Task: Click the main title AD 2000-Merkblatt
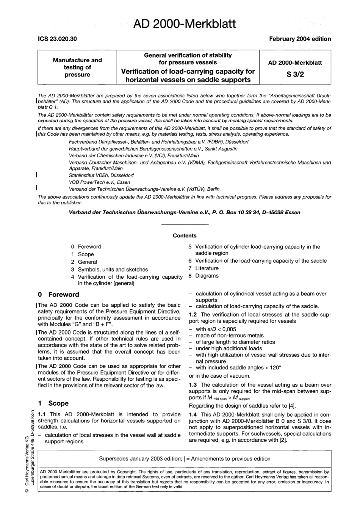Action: pos(185,24)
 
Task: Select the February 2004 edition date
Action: pos(300,39)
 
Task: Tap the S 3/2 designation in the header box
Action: pos(295,75)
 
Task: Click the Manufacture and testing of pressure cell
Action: pos(77,67)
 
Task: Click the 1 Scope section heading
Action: pos(53,403)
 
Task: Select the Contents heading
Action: pos(185,235)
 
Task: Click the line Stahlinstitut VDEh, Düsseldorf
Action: pos(101,176)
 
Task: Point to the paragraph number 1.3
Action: pos(193,384)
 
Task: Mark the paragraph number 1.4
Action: pos(193,415)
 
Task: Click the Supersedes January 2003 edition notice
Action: pos(185,459)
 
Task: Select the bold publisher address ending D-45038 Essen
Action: pos(185,212)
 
